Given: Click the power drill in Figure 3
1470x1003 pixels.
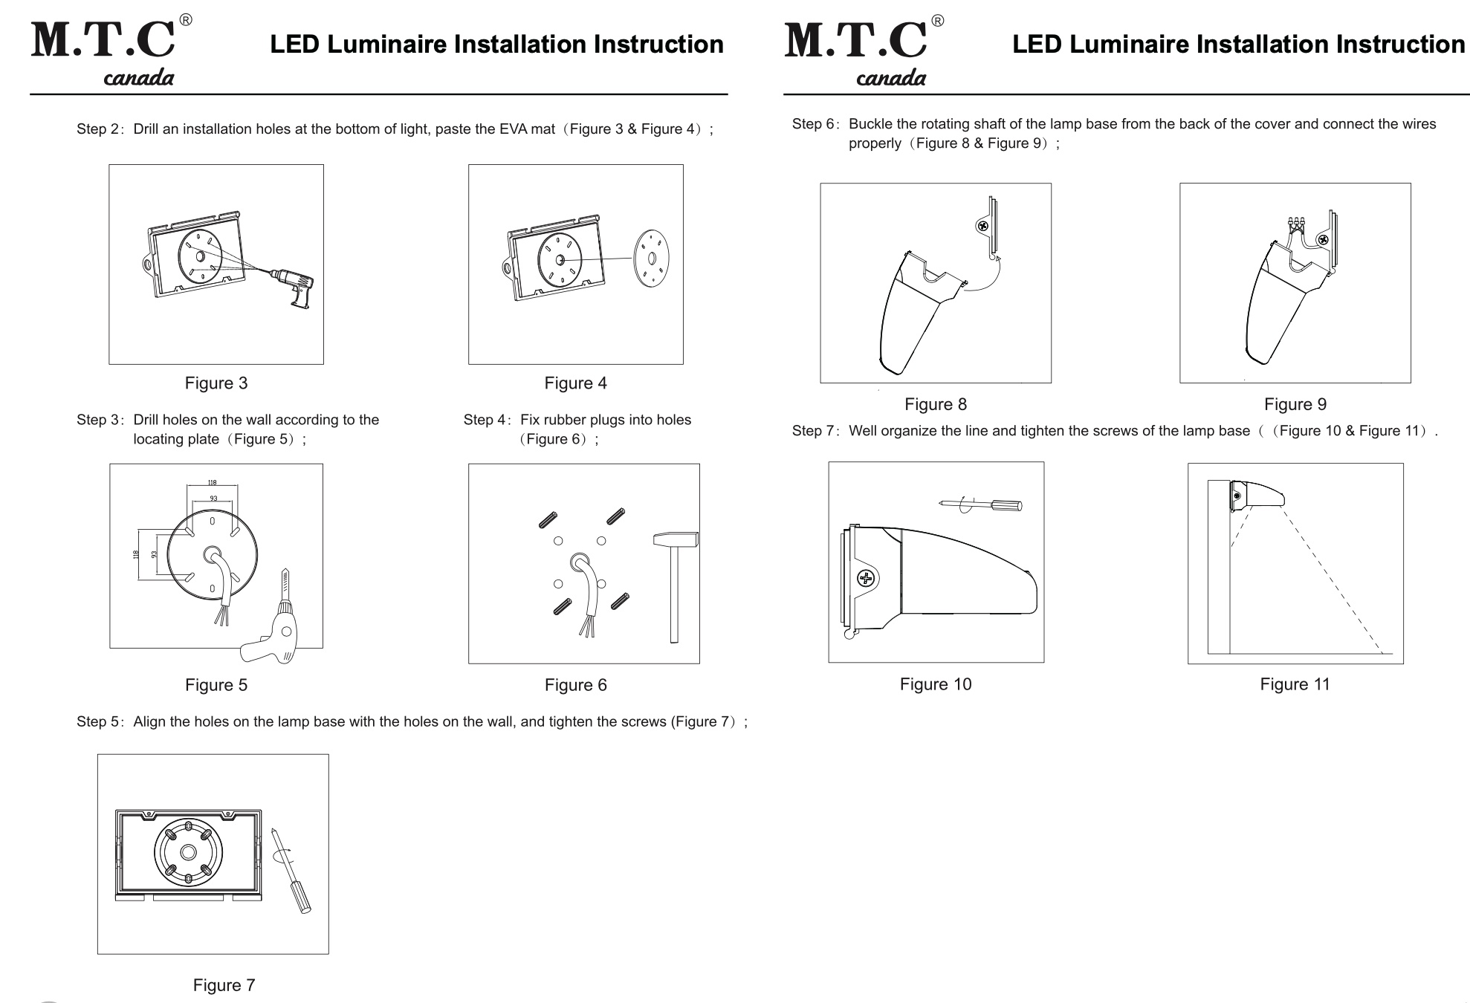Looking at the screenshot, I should click(x=297, y=287).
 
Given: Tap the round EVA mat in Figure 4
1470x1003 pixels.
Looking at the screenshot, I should click(x=651, y=258).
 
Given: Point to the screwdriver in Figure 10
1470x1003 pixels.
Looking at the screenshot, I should click(x=981, y=505).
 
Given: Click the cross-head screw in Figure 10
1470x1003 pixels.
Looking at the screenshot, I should click(x=866, y=578).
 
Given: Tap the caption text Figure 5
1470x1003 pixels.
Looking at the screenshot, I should click(x=216, y=685).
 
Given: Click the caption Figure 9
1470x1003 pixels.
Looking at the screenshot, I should click(x=1295, y=404).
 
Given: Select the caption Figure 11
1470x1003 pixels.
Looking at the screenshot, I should click(x=1295, y=684).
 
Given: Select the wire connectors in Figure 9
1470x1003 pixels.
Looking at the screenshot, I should click(x=1297, y=222).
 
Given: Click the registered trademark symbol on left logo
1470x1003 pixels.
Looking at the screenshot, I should click(x=186, y=21).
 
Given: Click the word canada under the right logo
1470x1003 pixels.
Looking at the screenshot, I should click(x=891, y=78).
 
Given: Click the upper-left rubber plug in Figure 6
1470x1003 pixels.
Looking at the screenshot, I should click(x=548, y=520).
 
